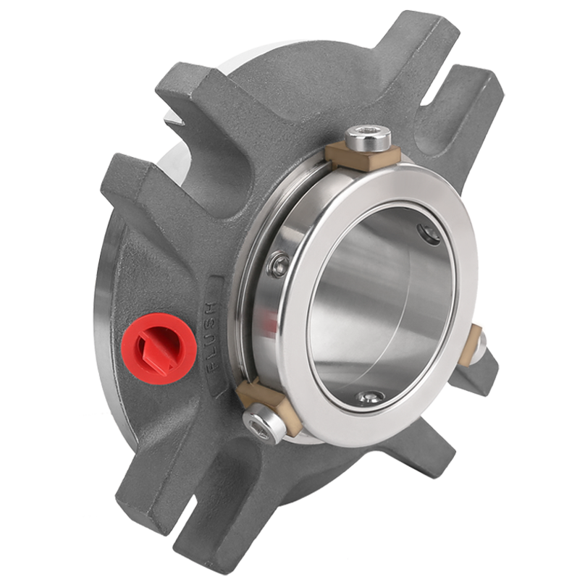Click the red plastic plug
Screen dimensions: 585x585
pos(160,349)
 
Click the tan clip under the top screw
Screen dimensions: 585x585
pos(363,156)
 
